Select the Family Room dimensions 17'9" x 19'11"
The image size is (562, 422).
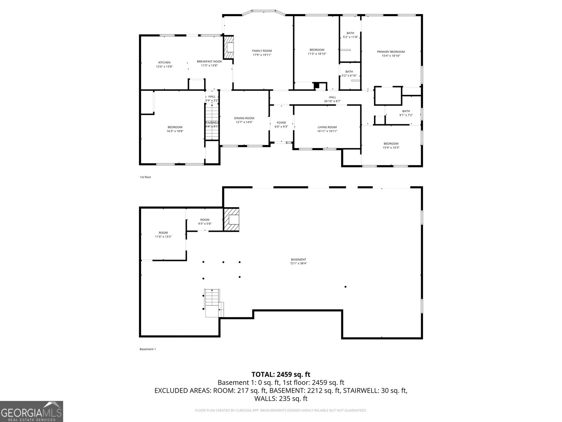(262, 55)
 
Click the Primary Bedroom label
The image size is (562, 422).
(391, 52)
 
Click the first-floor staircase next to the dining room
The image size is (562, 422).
(212, 123)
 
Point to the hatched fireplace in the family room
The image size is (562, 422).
(229, 47)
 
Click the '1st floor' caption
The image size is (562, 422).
(145, 177)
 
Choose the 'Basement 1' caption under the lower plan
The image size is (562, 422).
(148, 349)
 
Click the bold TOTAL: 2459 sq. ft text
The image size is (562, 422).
(281, 374)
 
